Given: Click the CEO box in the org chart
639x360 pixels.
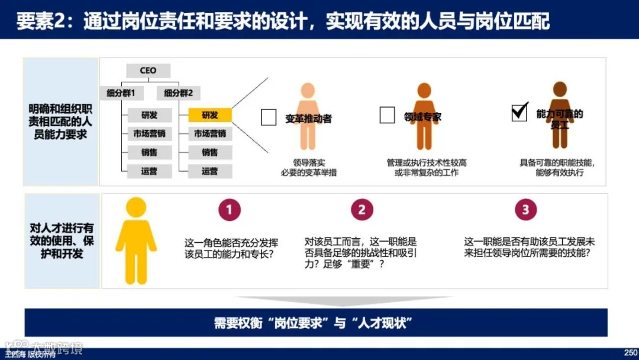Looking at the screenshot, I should (x=148, y=70).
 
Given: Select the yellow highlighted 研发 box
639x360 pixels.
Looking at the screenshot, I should (x=209, y=115).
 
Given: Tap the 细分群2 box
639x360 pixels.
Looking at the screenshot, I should (x=179, y=93).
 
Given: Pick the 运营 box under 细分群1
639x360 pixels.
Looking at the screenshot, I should (x=149, y=171).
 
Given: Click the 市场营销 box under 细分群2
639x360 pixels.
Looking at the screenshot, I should (x=209, y=134).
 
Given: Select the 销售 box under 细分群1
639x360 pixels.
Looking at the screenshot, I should (x=149, y=152).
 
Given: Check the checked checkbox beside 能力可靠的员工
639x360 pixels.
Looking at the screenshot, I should (x=519, y=112).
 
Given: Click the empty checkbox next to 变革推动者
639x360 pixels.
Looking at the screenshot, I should (x=269, y=117).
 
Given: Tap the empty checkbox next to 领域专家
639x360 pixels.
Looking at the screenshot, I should (x=387, y=115).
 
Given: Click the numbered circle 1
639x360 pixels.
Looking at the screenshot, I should (x=230, y=209).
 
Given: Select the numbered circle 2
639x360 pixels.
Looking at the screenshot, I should (x=362, y=209).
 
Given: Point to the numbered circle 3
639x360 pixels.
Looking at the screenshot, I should (x=525, y=209).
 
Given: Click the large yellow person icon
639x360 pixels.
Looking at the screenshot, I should (x=136, y=240).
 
